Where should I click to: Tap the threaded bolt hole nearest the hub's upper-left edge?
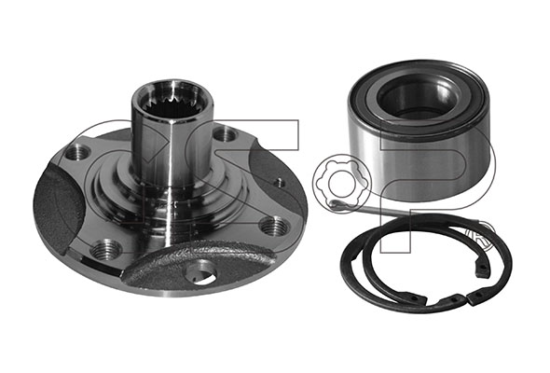[77, 152]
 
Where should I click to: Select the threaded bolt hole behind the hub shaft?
[225, 134]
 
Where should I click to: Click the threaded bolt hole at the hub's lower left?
[104, 250]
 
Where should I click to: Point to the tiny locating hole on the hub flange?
[279, 182]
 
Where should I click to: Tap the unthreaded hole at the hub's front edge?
[200, 275]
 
